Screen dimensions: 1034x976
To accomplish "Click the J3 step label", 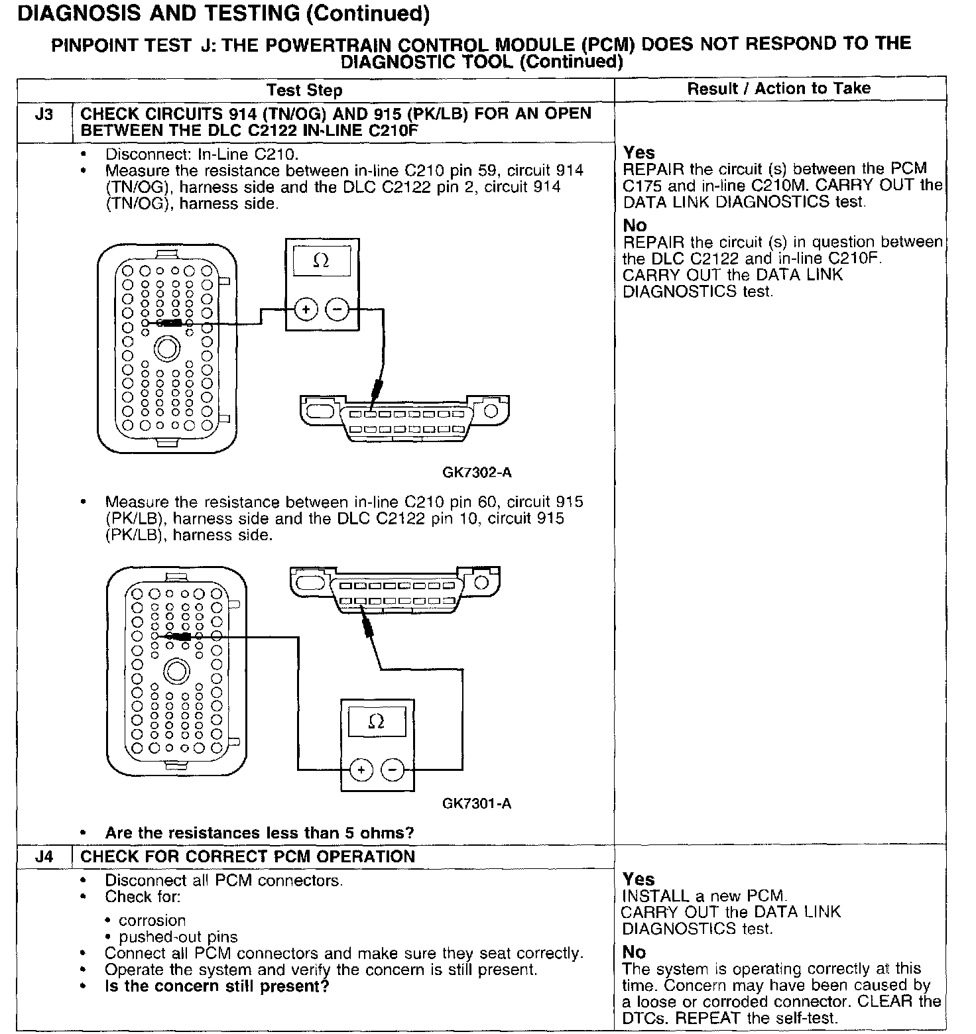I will (x=44, y=115).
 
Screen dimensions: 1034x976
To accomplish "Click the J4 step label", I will (x=44, y=856).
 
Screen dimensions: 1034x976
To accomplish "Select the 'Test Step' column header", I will (x=304, y=91).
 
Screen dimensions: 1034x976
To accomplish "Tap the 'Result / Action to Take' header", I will (x=779, y=88).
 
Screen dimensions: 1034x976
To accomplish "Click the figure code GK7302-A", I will (x=477, y=473).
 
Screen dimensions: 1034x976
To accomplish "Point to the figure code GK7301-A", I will (x=477, y=803).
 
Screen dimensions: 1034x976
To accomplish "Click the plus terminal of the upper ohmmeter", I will (x=306, y=309).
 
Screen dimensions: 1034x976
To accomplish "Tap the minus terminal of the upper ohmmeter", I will (x=337, y=309).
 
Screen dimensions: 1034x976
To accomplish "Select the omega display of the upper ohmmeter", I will (x=321, y=260).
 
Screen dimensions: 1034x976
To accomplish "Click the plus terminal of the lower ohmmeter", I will (x=361, y=770).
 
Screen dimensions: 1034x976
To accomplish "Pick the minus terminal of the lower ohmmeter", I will (x=393, y=770).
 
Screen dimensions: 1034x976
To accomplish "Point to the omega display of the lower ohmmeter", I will (x=376, y=721).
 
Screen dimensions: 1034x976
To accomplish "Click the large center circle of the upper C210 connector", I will (x=166, y=349).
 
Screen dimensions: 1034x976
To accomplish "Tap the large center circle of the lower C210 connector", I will (x=176, y=672).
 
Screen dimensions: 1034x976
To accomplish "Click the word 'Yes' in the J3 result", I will (x=639, y=152).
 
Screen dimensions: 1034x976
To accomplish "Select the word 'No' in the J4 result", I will (x=634, y=952).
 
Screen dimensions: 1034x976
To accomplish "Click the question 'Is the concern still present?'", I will (x=217, y=986).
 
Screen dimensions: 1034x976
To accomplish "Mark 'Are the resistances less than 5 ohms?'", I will (x=259, y=833).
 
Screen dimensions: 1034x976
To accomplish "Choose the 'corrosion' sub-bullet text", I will (x=152, y=920).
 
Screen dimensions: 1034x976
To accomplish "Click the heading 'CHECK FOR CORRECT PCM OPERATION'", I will (x=247, y=856).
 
